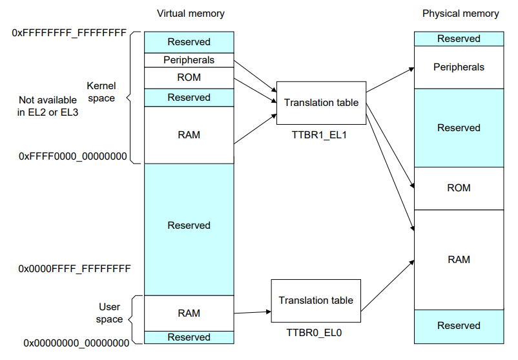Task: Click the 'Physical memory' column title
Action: pos(461,14)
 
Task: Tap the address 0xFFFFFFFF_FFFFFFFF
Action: pos(69,32)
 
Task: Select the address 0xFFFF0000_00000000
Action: pos(72,156)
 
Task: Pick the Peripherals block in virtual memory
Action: pos(189,60)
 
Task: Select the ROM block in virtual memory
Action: pos(189,78)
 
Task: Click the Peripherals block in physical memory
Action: pos(459,67)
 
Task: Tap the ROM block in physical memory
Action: pos(459,188)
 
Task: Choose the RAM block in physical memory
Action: pos(459,259)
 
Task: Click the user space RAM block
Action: pos(189,313)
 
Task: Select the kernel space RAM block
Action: pos(189,135)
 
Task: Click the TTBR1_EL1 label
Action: pos(320,135)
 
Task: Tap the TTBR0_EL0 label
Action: pos(316,333)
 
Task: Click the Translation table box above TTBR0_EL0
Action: pos(316,301)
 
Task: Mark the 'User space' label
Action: pos(109,313)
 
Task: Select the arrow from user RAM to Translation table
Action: pos(252,312)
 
